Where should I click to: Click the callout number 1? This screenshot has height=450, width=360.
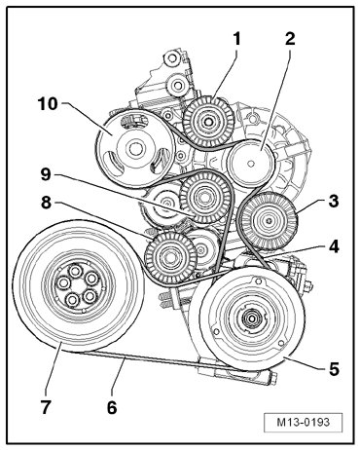pos(237,39)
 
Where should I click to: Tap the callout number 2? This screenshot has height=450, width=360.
pos(290,39)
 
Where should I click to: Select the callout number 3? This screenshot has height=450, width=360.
pos(334,201)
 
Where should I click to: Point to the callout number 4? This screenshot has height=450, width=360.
pos(334,246)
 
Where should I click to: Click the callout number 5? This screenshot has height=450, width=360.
pos(334,369)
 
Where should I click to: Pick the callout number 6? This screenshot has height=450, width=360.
pos(112,407)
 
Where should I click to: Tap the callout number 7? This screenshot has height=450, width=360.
pos(46,407)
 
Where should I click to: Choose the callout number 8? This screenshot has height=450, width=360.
pos(46,203)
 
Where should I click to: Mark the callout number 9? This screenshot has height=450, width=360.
pos(46,174)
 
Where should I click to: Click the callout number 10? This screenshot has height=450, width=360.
pos(48,104)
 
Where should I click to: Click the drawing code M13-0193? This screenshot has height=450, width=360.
pos(304,422)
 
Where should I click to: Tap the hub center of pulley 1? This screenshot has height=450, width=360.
pos(207,123)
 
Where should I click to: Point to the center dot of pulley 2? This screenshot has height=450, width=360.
pos(250,164)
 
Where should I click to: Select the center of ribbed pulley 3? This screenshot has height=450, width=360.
pos(269,221)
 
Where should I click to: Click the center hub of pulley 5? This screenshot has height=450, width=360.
pos(251,319)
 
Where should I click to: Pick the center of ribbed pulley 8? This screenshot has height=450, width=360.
pos(170,257)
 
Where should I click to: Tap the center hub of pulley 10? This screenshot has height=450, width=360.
pos(135,149)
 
